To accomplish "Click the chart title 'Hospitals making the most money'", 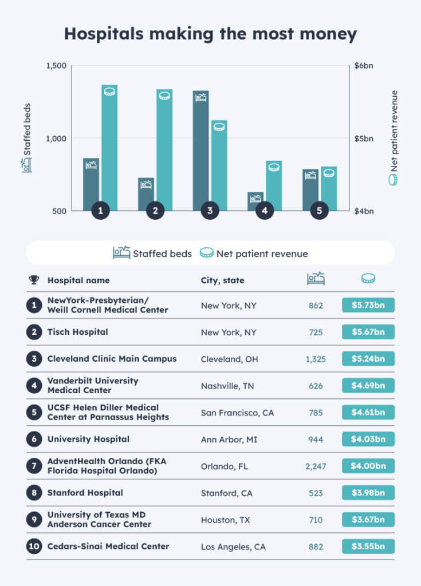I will tap(210, 34).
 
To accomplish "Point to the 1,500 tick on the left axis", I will tap(56, 66).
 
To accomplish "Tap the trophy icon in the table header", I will tap(34, 280).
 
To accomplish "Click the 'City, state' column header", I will tap(222, 280).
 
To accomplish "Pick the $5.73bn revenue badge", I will tap(368, 305).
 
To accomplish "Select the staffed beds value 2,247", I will tap(316, 466).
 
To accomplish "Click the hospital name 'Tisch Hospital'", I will tap(77, 332).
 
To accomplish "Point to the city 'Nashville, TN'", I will tap(227, 386).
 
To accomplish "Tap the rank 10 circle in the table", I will tap(34, 547).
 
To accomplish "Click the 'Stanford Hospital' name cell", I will tap(85, 493).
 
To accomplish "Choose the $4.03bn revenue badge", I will tap(368, 439).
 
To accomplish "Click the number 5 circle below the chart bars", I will tap(319, 211).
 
